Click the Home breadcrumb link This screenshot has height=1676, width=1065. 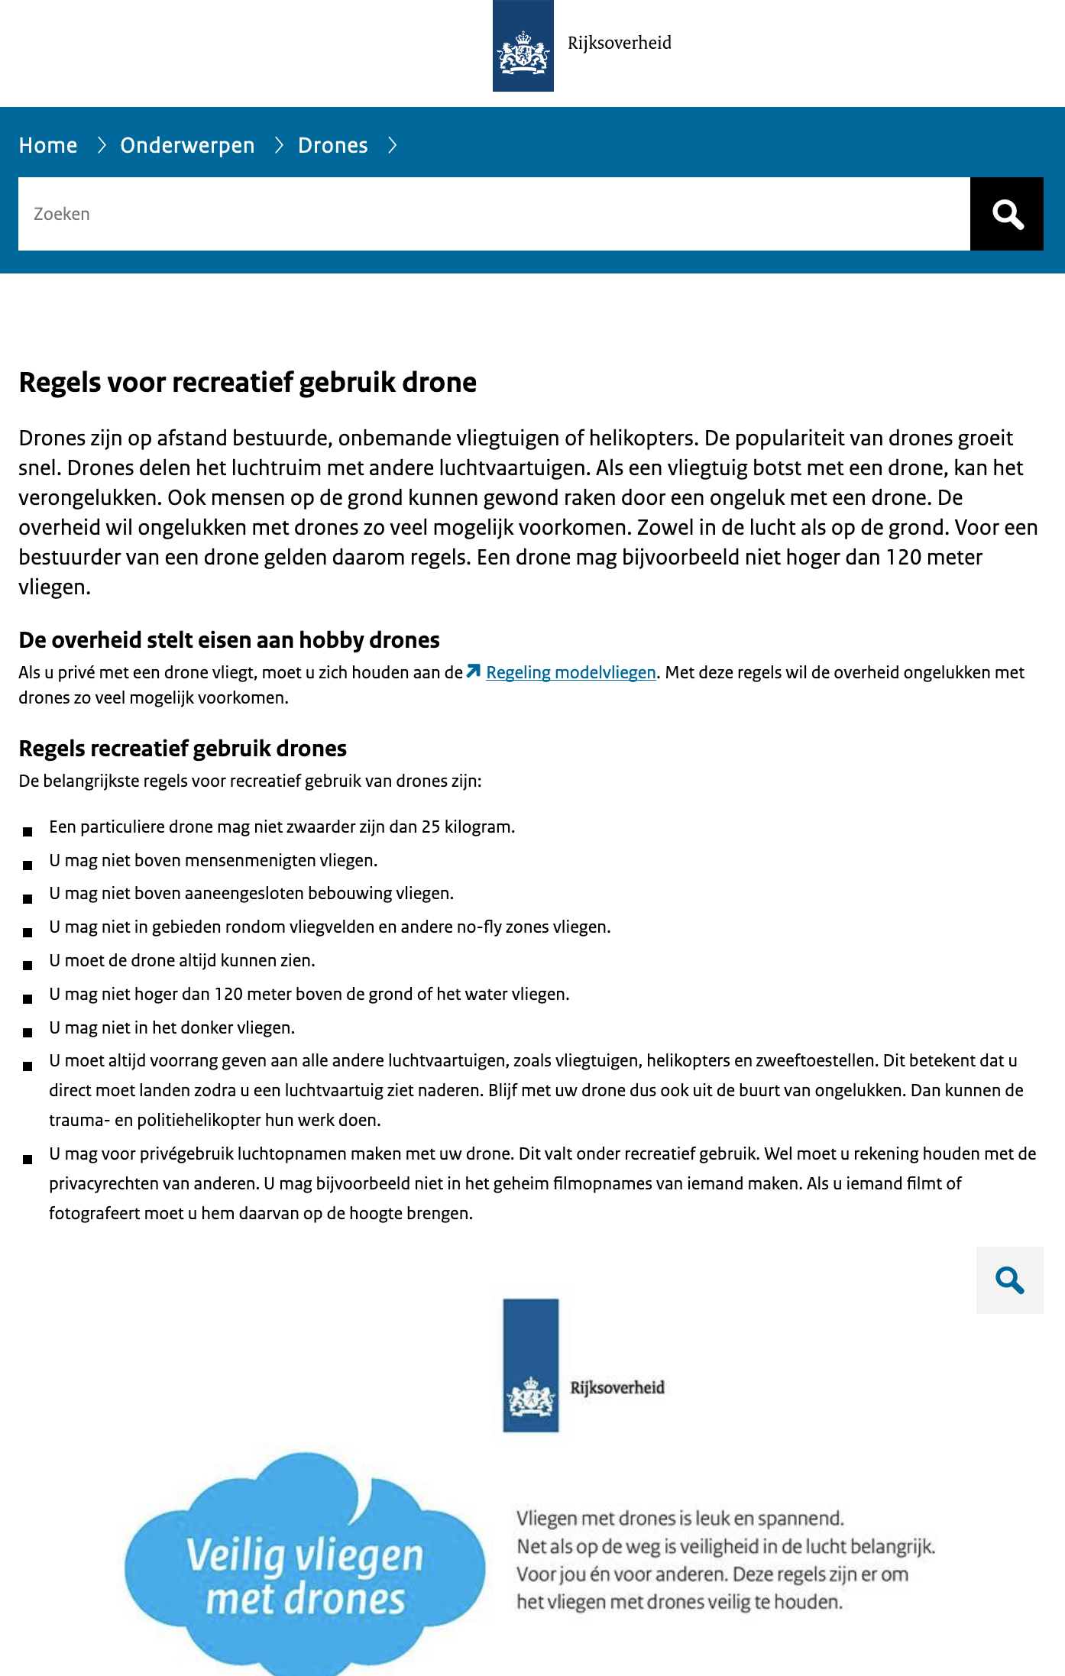pyautogui.click(x=48, y=145)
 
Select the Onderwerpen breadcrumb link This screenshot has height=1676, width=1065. pyautogui.click(x=187, y=145)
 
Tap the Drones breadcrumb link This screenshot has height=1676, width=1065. pyautogui.click(x=332, y=145)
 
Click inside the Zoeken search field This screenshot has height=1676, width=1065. pyautogui.click(x=489, y=214)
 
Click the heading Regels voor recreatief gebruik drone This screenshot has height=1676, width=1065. pyautogui.click(x=248, y=382)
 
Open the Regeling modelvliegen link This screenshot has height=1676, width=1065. pyautogui.click(x=571, y=672)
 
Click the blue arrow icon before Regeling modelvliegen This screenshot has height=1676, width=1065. pyautogui.click(x=474, y=671)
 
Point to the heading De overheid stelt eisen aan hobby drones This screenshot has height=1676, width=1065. pyautogui.click(x=229, y=640)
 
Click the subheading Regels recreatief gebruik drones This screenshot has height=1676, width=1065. pyautogui.click(x=183, y=749)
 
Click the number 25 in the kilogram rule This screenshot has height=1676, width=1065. pyautogui.click(x=431, y=827)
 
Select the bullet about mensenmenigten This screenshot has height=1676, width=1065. pyautogui.click(x=213, y=861)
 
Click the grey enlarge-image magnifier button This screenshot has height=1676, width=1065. pyautogui.click(x=1009, y=1280)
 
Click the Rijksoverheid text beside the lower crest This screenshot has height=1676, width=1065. pyautogui.click(x=617, y=1388)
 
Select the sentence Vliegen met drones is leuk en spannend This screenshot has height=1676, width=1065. pyautogui.click(x=680, y=1518)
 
